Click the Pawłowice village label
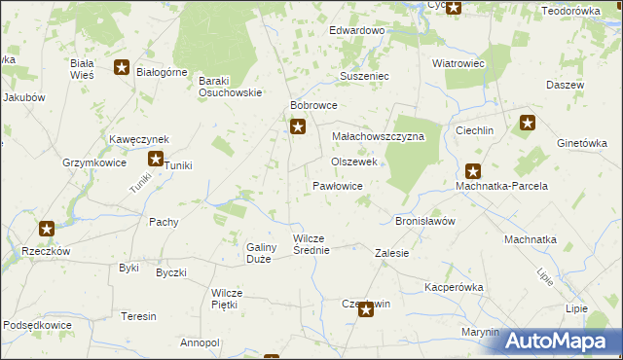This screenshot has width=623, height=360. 338,185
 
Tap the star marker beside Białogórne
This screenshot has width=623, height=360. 122,67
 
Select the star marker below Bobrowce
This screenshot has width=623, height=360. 298,126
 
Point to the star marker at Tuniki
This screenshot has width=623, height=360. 155,160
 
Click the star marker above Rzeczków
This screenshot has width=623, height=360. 46,230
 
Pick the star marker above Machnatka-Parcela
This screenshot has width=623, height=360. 473,170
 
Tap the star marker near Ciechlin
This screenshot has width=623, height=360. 528,123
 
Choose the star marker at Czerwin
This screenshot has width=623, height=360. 365,309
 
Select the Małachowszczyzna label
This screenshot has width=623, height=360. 378,137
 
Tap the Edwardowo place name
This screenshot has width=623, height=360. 356,31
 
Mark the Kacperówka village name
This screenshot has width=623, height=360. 454,288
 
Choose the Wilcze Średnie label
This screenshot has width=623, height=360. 312,244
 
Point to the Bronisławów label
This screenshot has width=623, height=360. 424,221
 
